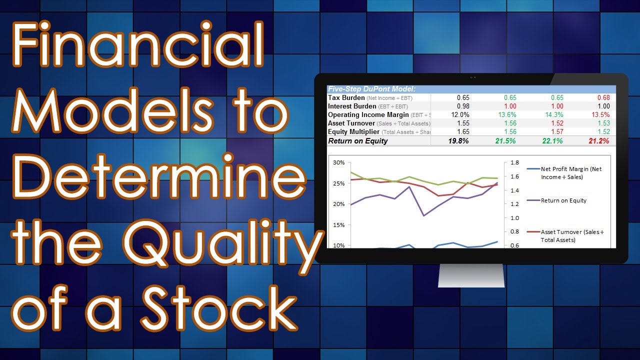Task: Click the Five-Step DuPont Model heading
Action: click(371, 89)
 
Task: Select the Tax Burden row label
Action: click(346, 98)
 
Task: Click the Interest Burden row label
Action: click(352, 106)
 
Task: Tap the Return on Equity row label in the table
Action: click(358, 141)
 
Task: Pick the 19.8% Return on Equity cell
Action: click(458, 141)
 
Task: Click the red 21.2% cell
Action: click(599, 141)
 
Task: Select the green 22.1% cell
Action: click(552, 141)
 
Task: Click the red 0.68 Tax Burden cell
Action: click(603, 98)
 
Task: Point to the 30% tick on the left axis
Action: click(338, 163)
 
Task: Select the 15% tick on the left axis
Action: click(338, 225)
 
